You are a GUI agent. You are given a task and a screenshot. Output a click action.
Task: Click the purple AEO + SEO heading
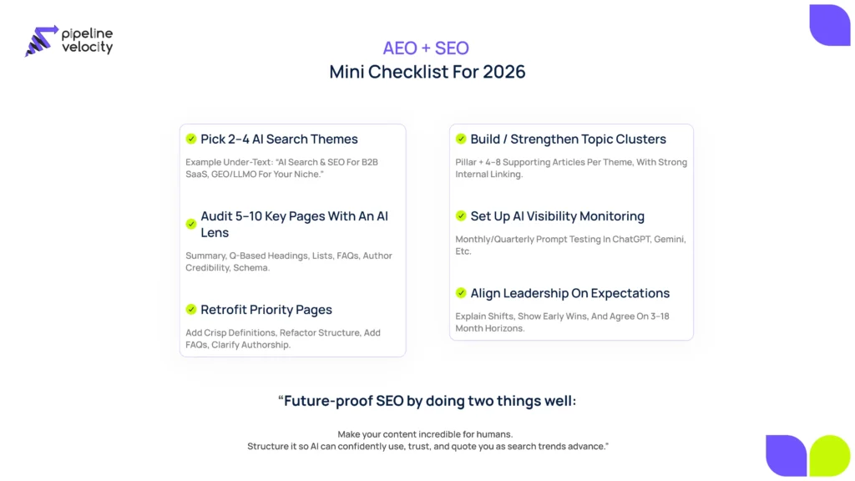point(426,48)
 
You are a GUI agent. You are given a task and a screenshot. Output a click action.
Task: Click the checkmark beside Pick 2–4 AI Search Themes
point(191,139)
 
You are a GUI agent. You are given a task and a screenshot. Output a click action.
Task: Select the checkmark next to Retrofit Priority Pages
point(191,309)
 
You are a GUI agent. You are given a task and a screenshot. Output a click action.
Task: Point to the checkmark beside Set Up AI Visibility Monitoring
point(461,215)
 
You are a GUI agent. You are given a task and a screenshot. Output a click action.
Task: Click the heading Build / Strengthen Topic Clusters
point(568,139)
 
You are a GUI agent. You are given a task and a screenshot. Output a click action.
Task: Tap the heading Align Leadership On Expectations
point(569,293)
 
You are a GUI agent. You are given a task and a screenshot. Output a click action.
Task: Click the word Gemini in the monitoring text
point(669,239)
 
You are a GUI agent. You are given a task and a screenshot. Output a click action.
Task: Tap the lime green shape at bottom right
point(829,456)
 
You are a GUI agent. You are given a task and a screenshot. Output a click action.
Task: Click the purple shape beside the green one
point(786,456)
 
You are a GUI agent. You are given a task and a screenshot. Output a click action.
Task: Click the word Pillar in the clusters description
point(466,162)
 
